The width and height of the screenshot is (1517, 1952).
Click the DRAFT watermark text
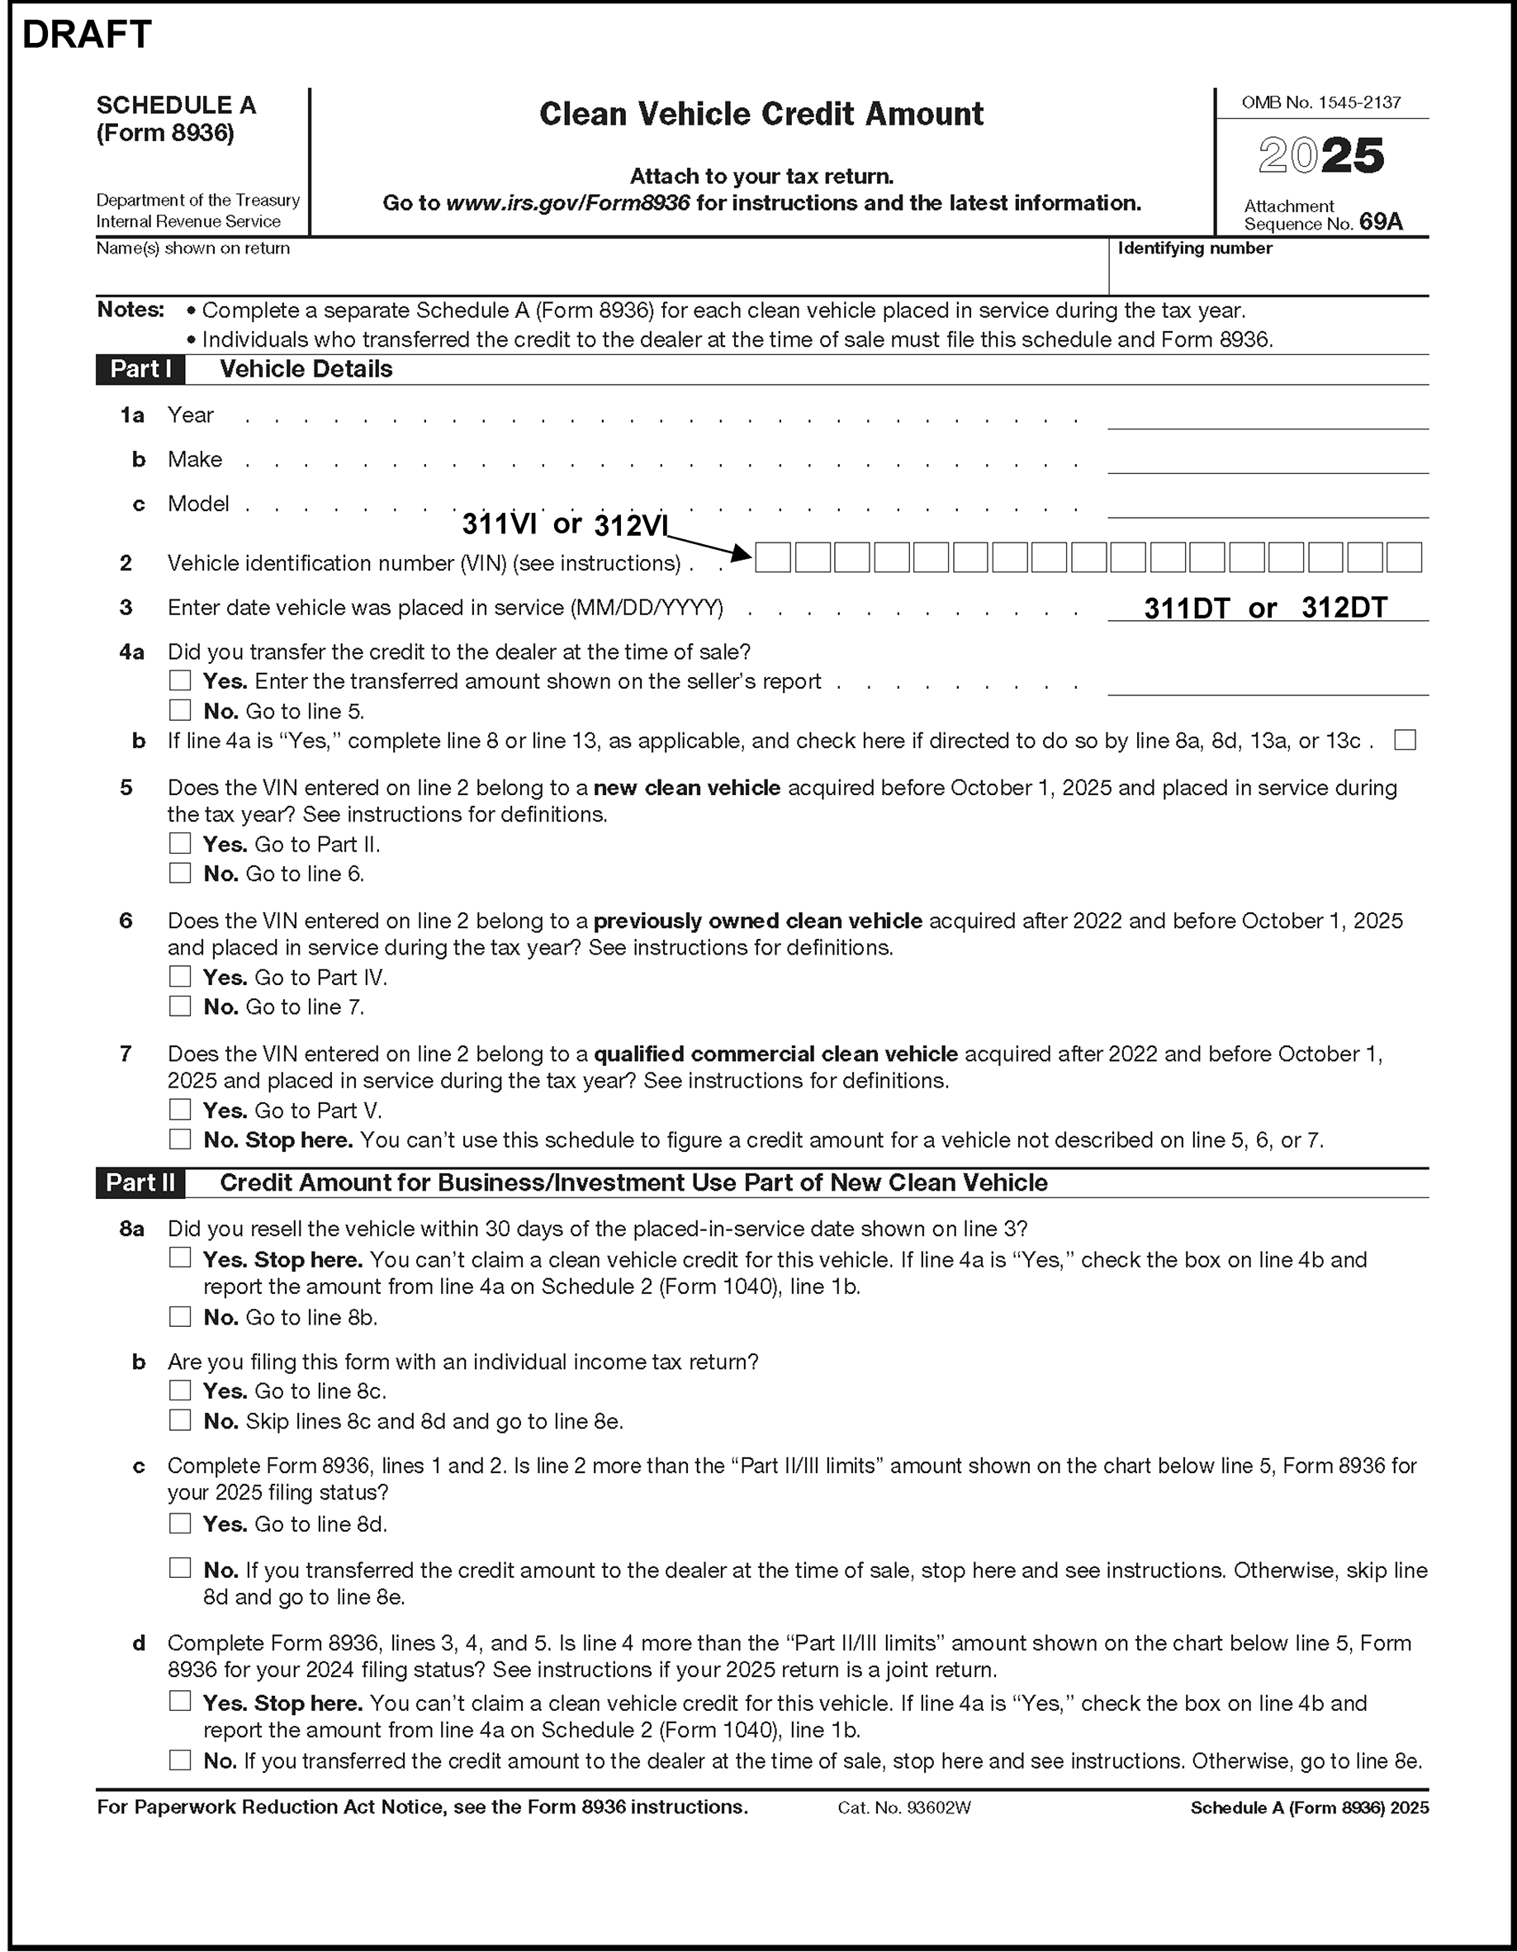pos(87,36)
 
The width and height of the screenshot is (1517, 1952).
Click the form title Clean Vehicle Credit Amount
pos(761,115)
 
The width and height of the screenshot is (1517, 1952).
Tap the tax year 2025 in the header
pos(1320,156)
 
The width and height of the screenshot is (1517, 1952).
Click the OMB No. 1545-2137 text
pos(1320,102)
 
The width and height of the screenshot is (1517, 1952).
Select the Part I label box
pos(140,369)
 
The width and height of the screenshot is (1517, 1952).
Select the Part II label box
pos(140,1182)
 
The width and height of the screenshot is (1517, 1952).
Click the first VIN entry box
pos(773,557)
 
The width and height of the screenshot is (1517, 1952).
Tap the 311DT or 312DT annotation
pos(1265,608)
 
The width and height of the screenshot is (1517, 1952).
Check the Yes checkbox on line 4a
pos(181,681)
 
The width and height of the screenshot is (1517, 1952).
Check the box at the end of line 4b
pos(1405,740)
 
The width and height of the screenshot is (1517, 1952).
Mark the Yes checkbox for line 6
pos(181,977)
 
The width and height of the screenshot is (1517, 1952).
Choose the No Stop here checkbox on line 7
pos(181,1139)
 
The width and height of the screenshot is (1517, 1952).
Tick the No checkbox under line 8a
pos(181,1316)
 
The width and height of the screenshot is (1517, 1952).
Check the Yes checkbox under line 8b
pos(181,1391)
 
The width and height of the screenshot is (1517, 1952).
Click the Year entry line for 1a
pos(1267,417)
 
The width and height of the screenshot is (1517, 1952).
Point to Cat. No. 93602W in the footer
pos(903,1808)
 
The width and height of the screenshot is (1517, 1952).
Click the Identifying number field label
pos(1194,249)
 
